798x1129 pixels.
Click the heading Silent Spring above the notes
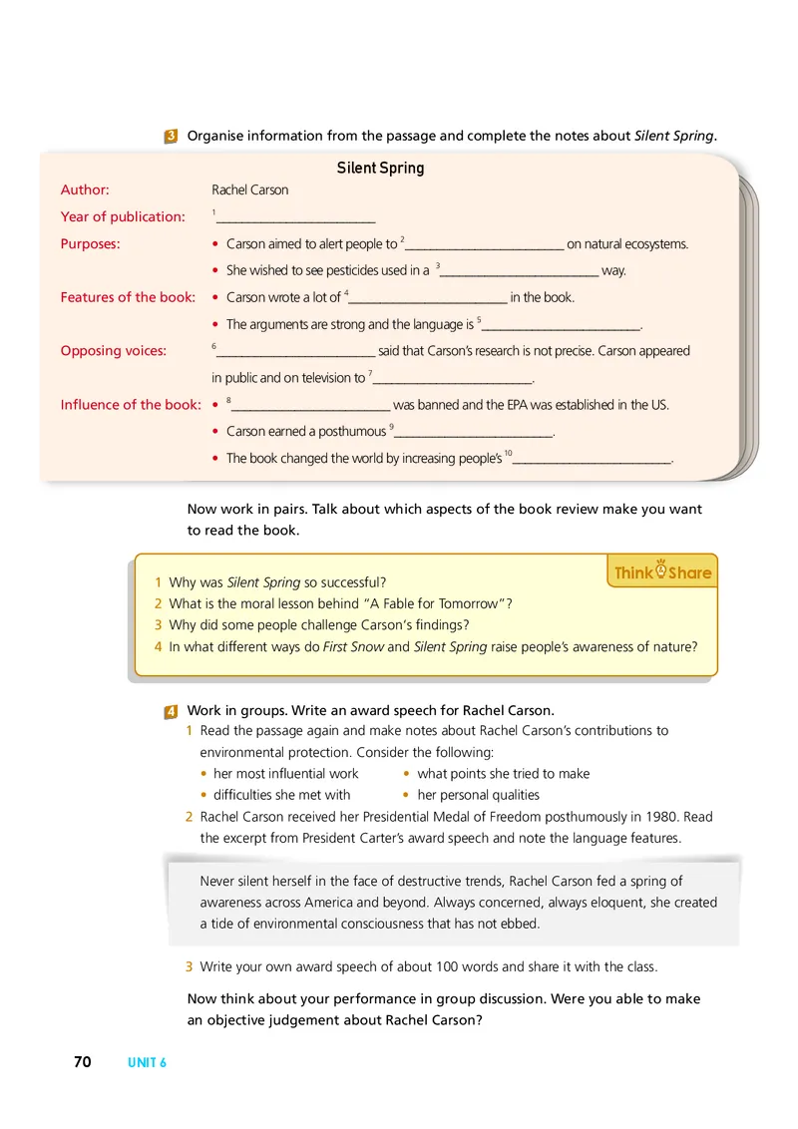(x=380, y=168)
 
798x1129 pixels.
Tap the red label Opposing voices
(x=114, y=350)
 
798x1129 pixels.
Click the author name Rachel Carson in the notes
(x=249, y=189)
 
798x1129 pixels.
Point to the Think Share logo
(x=662, y=572)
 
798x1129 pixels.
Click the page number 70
(x=82, y=1062)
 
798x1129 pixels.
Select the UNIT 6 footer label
(x=147, y=1063)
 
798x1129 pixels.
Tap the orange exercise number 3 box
(x=172, y=137)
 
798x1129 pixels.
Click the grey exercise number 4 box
(x=172, y=711)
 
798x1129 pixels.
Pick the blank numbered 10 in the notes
(x=591, y=460)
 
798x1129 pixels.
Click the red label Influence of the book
(x=130, y=404)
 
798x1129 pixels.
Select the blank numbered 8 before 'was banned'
(x=309, y=406)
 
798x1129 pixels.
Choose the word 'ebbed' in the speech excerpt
(x=520, y=924)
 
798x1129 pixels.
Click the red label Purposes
(x=90, y=242)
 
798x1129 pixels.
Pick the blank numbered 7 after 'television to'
(x=453, y=379)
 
